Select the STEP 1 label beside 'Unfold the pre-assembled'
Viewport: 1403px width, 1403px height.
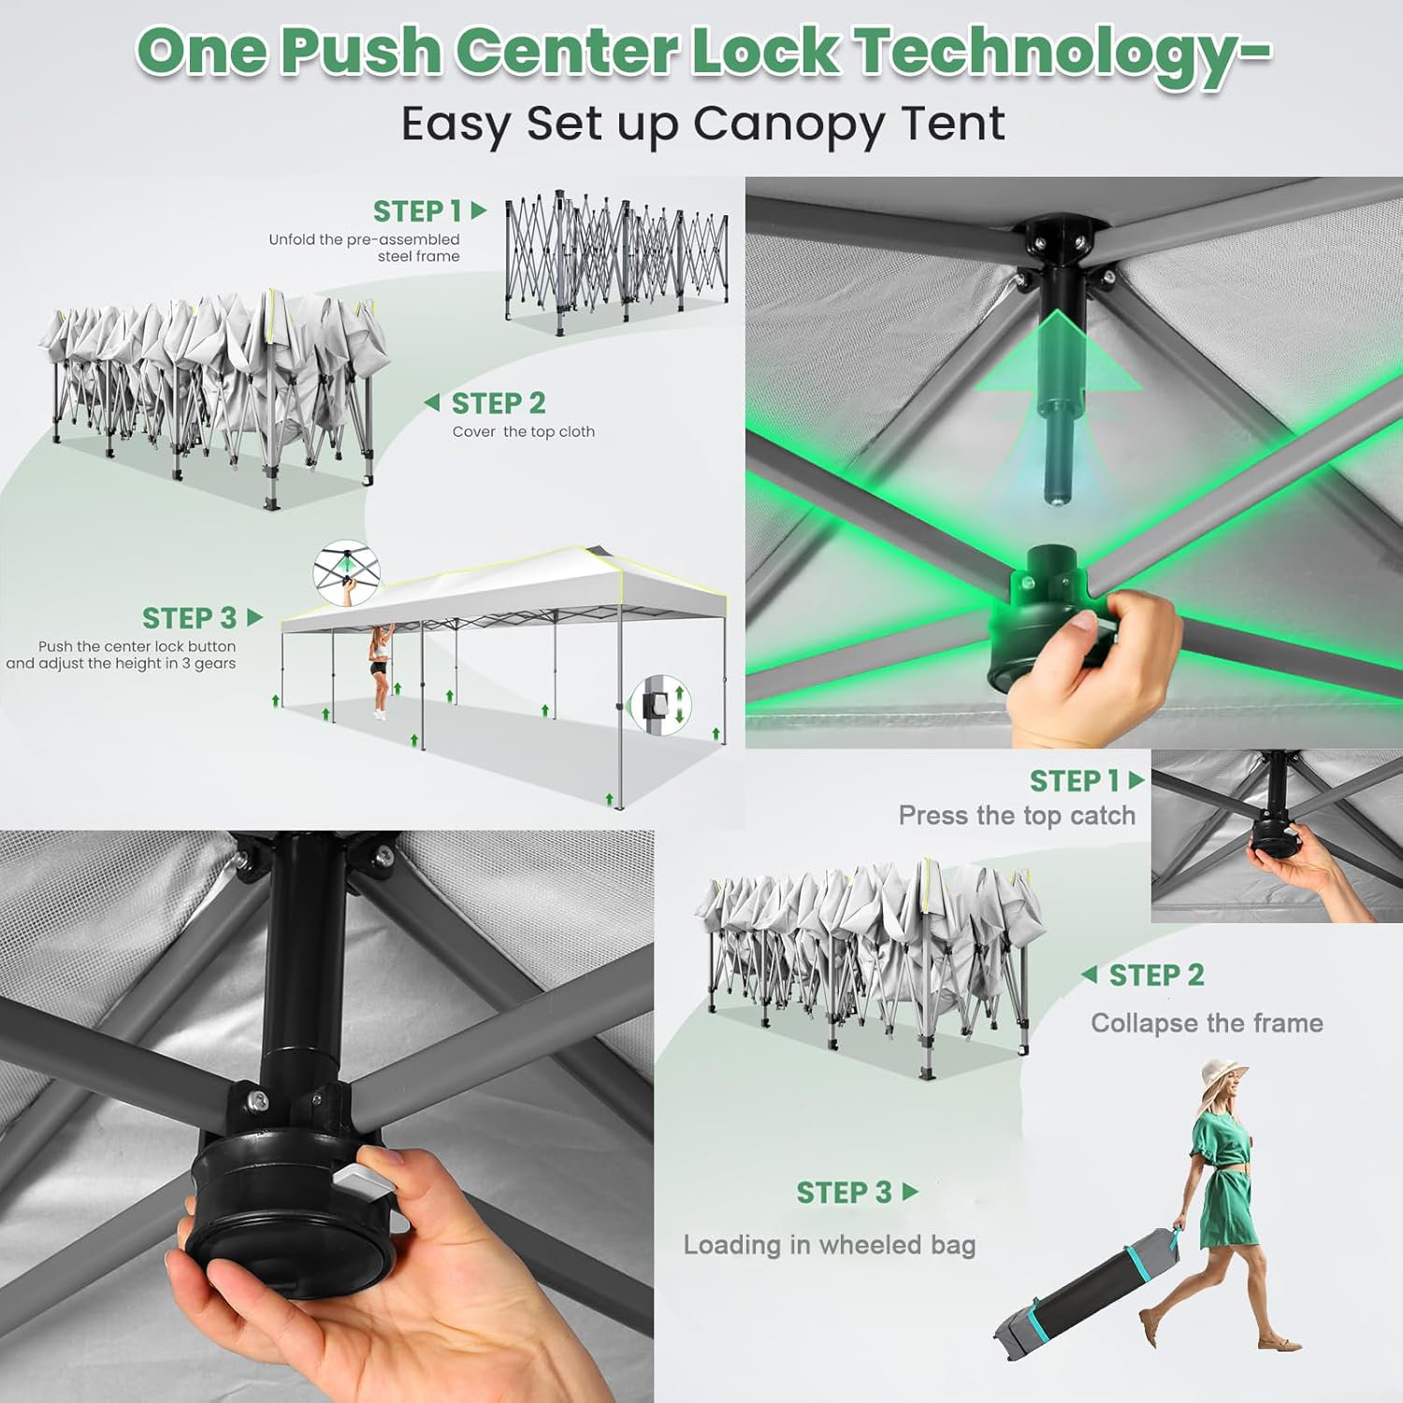(417, 211)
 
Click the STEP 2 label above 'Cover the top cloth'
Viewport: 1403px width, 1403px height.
(499, 403)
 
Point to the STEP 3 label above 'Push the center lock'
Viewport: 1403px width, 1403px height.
(189, 618)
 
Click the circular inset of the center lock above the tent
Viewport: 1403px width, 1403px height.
(346, 571)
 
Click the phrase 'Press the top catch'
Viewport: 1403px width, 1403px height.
(1017, 816)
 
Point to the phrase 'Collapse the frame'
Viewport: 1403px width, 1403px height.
(1207, 1023)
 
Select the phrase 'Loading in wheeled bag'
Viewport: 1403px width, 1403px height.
(830, 1245)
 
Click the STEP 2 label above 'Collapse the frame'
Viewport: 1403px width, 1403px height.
(1156, 976)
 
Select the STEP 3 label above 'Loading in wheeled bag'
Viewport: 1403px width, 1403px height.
(844, 1193)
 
